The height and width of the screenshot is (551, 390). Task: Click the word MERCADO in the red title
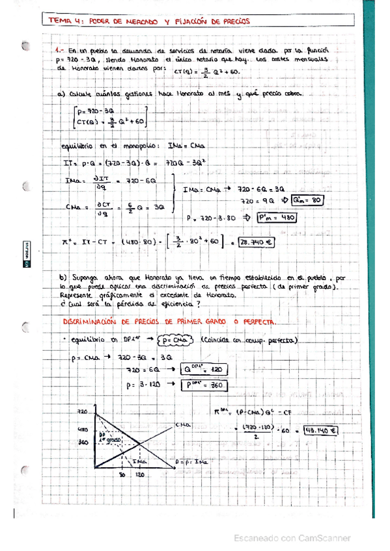pos(140,21)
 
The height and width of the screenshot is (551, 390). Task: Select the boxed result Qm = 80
pos(307,200)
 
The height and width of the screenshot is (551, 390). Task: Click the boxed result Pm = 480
pos(277,218)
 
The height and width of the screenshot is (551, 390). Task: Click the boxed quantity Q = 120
pos(202,369)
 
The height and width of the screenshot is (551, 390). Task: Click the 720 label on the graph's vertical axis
pos(81,412)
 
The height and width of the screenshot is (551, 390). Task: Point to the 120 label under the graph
pos(139,475)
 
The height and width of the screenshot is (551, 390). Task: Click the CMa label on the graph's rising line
pos(182,424)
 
